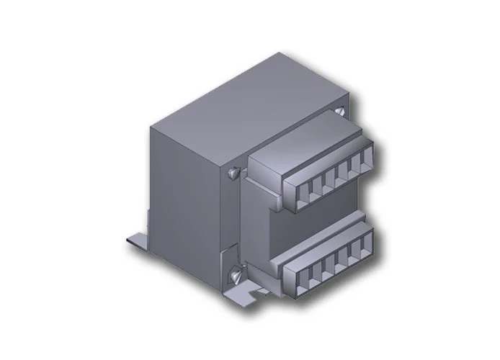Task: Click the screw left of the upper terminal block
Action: (233, 173)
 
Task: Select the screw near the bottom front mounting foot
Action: (235, 274)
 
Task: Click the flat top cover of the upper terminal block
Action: (310, 140)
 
